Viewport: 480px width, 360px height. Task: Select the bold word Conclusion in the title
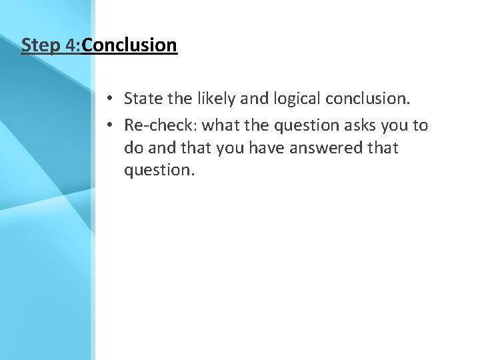pyautogui.click(x=129, y=45)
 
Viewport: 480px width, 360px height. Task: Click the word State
pyautogui.click(x=143, y=99)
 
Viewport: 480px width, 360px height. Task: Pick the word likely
pyautogui.click(x=212, y=99)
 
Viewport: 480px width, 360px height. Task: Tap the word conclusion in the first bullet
pyautogui.click(x=367, y=99)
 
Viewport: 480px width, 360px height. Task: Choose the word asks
pyautogui.click(x=363, y=125)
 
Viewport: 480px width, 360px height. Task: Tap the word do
pyautogui.click(x=133, y=147)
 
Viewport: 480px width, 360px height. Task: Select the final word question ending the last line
pyautogui.click(x=158, y=170)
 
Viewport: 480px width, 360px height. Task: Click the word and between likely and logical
pyautogui.click(x=251, y=99)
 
